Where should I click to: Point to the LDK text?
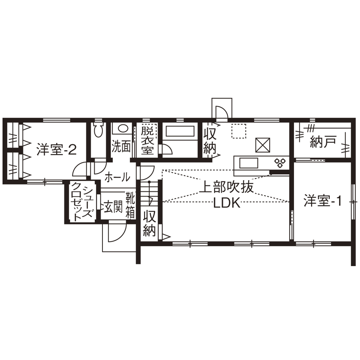[x=227, y=203]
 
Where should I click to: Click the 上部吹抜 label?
[x=228, y=187]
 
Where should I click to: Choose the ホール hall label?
[x=117, y=176]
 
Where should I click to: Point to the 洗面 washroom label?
[x=121, y=146]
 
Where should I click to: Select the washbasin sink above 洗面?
[x=123, y=129]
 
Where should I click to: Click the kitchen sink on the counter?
[x=248, y=163]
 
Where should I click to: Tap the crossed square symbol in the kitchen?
[x=262, y=145]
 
